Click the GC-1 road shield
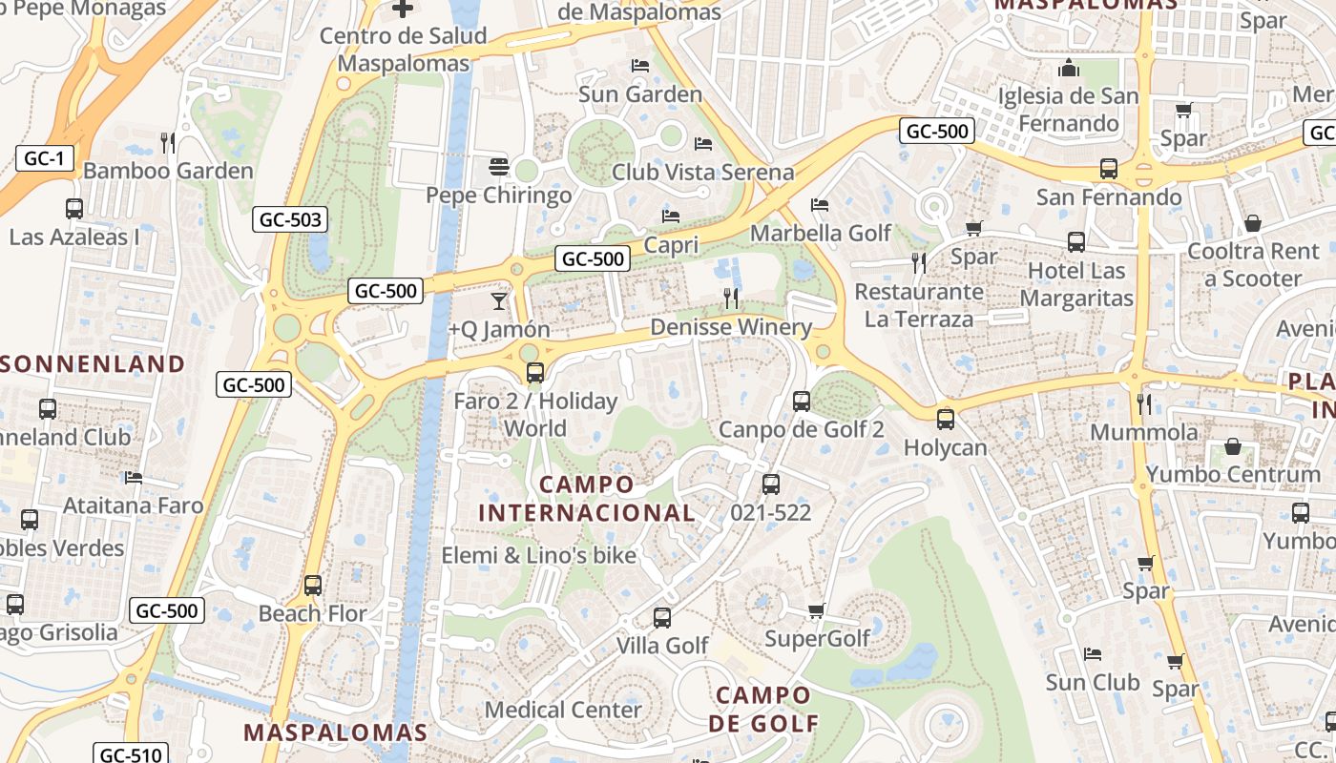click(x=44, y=158)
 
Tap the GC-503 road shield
click(x=291, y=220)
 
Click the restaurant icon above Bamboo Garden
click(x=168, y=142)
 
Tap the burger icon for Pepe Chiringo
click(x=497, y=167)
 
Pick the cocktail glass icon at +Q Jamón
click(x=498, y=301)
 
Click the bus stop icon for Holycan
click(x=945, y=419)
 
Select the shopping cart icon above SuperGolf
click(x=816, y=610)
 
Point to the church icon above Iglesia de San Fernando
click(x=1068, y=69)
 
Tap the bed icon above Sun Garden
click(x=640, y=66)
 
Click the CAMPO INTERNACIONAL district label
click(x=587, y=499)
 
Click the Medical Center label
click(x=563, y=710)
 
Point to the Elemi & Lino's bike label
click(x=538, y=555)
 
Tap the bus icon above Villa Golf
click(x=661, y=617)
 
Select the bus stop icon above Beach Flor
click(x=312, y=585)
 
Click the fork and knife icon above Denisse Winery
click(x=731, y=299)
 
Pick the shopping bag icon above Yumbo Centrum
click(x=1233, y=446)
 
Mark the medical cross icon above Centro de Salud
click(x=403, y=9)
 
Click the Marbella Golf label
click(x=821, y=233)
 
